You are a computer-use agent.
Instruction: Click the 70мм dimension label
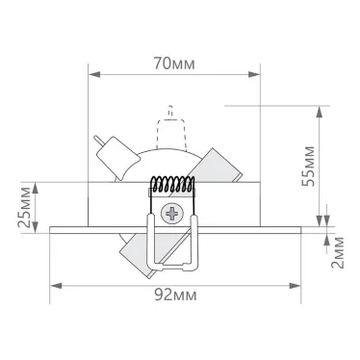pyautogui.click(x=173, y=64)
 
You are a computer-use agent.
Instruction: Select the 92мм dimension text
pyautogui.click(x=180, y=294)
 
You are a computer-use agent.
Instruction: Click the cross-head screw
pyautogui.click(x=174, y=214)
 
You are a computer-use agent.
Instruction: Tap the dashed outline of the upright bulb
pyautogui.click(x=172, y=135)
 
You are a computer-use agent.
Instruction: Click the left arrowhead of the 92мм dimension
pyautogui.click(x=54, y=286)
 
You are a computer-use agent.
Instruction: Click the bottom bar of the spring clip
pyautogui.click(x=174, y=265)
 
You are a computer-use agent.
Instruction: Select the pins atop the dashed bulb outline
pyautogui.click(x=172, y=109)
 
